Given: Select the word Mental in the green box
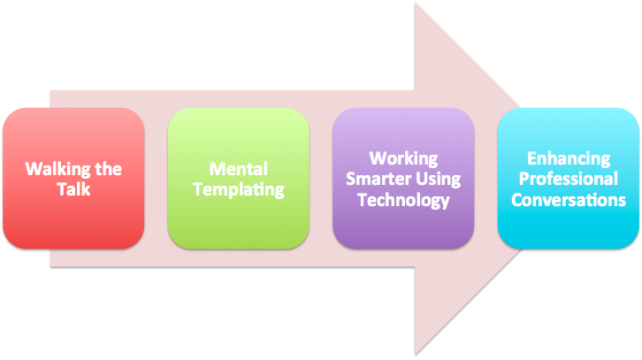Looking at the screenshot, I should pos(238,168).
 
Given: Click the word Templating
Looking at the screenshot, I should pos(238,188).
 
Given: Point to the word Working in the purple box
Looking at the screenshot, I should pos(403,159).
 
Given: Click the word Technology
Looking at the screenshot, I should pos(403,200).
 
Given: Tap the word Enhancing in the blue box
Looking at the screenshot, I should pos(569,159).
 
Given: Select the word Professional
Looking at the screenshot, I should pos(569,180).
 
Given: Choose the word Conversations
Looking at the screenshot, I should pos(569,200).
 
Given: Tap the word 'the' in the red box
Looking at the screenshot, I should pos(107,169).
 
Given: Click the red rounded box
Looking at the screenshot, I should pos(73,221).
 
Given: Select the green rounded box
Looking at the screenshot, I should pos(238,221).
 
